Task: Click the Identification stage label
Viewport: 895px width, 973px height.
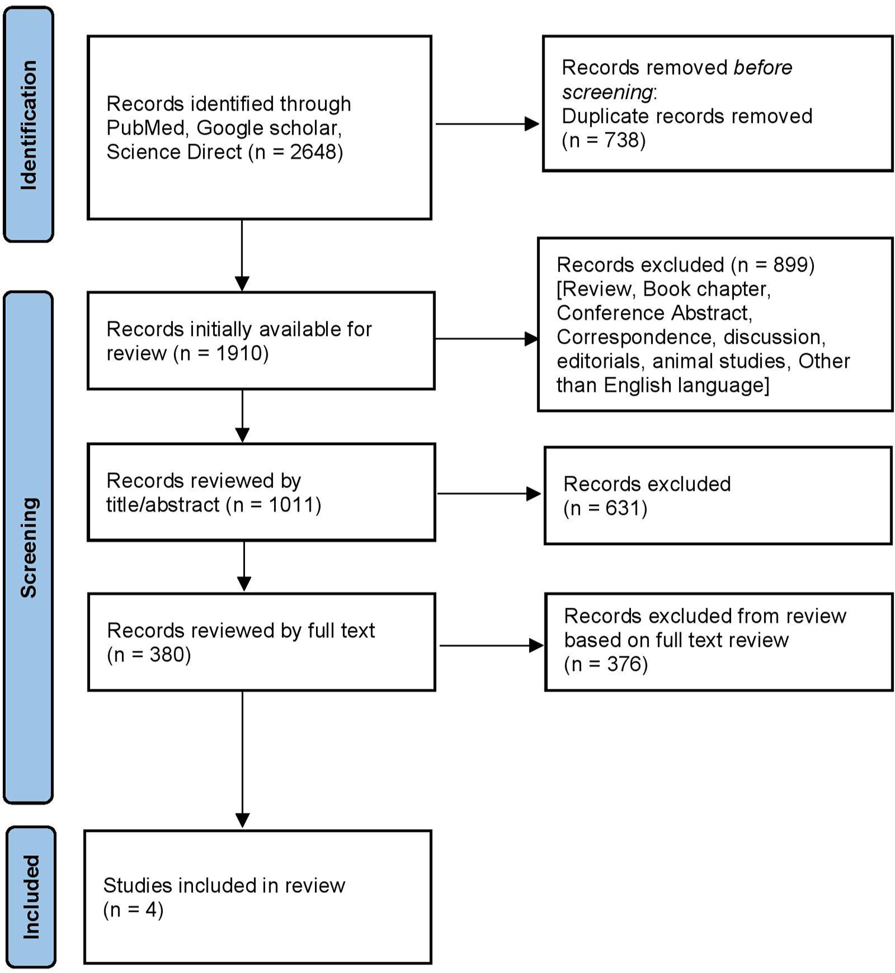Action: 28,125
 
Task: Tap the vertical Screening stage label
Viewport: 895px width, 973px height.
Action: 28,547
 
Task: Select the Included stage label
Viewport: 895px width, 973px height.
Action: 31,897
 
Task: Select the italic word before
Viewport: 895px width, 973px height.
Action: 762,67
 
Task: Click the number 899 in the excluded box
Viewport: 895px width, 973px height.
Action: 790,265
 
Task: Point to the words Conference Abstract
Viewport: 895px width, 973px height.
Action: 653,312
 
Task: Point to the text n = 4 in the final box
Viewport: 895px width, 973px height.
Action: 133,910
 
